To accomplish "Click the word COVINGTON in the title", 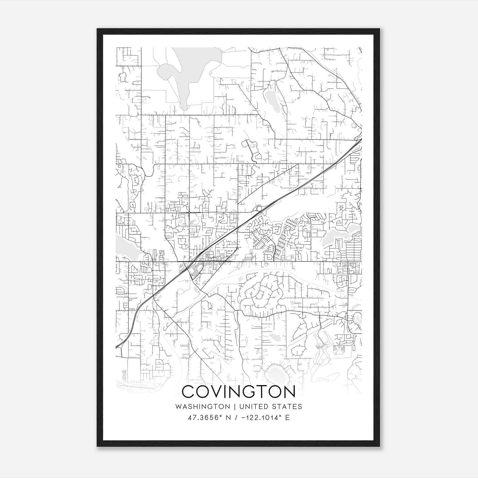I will tap(238, 392).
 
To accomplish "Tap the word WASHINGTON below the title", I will tap(203, 407).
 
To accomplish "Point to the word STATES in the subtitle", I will tap(288, 407).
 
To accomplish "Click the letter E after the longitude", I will tap(287, 418).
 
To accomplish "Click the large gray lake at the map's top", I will tap(191, 69).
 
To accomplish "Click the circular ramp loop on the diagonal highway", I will tap(259, 208).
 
